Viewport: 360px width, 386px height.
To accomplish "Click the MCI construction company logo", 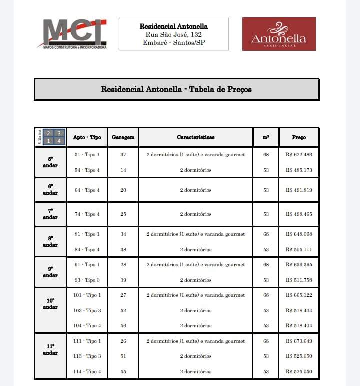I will point(72,34).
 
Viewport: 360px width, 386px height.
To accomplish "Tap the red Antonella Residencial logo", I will point(279,34).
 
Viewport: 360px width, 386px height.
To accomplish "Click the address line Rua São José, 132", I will point(173,34).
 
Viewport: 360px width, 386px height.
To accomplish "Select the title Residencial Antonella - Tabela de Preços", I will point(176,90).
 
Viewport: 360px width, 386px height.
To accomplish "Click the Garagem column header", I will point(123,137).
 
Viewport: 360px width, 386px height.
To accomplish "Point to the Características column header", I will point(196,137).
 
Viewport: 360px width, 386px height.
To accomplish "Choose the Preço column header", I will point(299,137).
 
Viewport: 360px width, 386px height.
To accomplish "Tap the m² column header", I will point(266,137).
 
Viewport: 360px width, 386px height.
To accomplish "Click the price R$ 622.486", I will point(299,155).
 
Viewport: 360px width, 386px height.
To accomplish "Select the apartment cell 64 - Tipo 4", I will point(87,190).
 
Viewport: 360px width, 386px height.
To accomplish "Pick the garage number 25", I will point(123,214).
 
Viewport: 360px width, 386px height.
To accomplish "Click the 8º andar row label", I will point(50,242).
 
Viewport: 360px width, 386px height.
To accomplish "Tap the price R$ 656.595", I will point(299,265).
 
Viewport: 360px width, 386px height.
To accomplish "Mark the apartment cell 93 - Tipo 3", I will point(87,280).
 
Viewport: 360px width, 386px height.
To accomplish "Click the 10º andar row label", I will point(50,304).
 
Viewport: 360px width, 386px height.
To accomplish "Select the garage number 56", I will point(123,326).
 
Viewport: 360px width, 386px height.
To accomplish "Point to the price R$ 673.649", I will point(299,341).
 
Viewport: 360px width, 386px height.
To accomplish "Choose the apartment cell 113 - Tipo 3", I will point(87,356).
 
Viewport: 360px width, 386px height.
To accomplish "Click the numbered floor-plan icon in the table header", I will point(54,137).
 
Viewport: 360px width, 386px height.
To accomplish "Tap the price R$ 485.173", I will point(299,170).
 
